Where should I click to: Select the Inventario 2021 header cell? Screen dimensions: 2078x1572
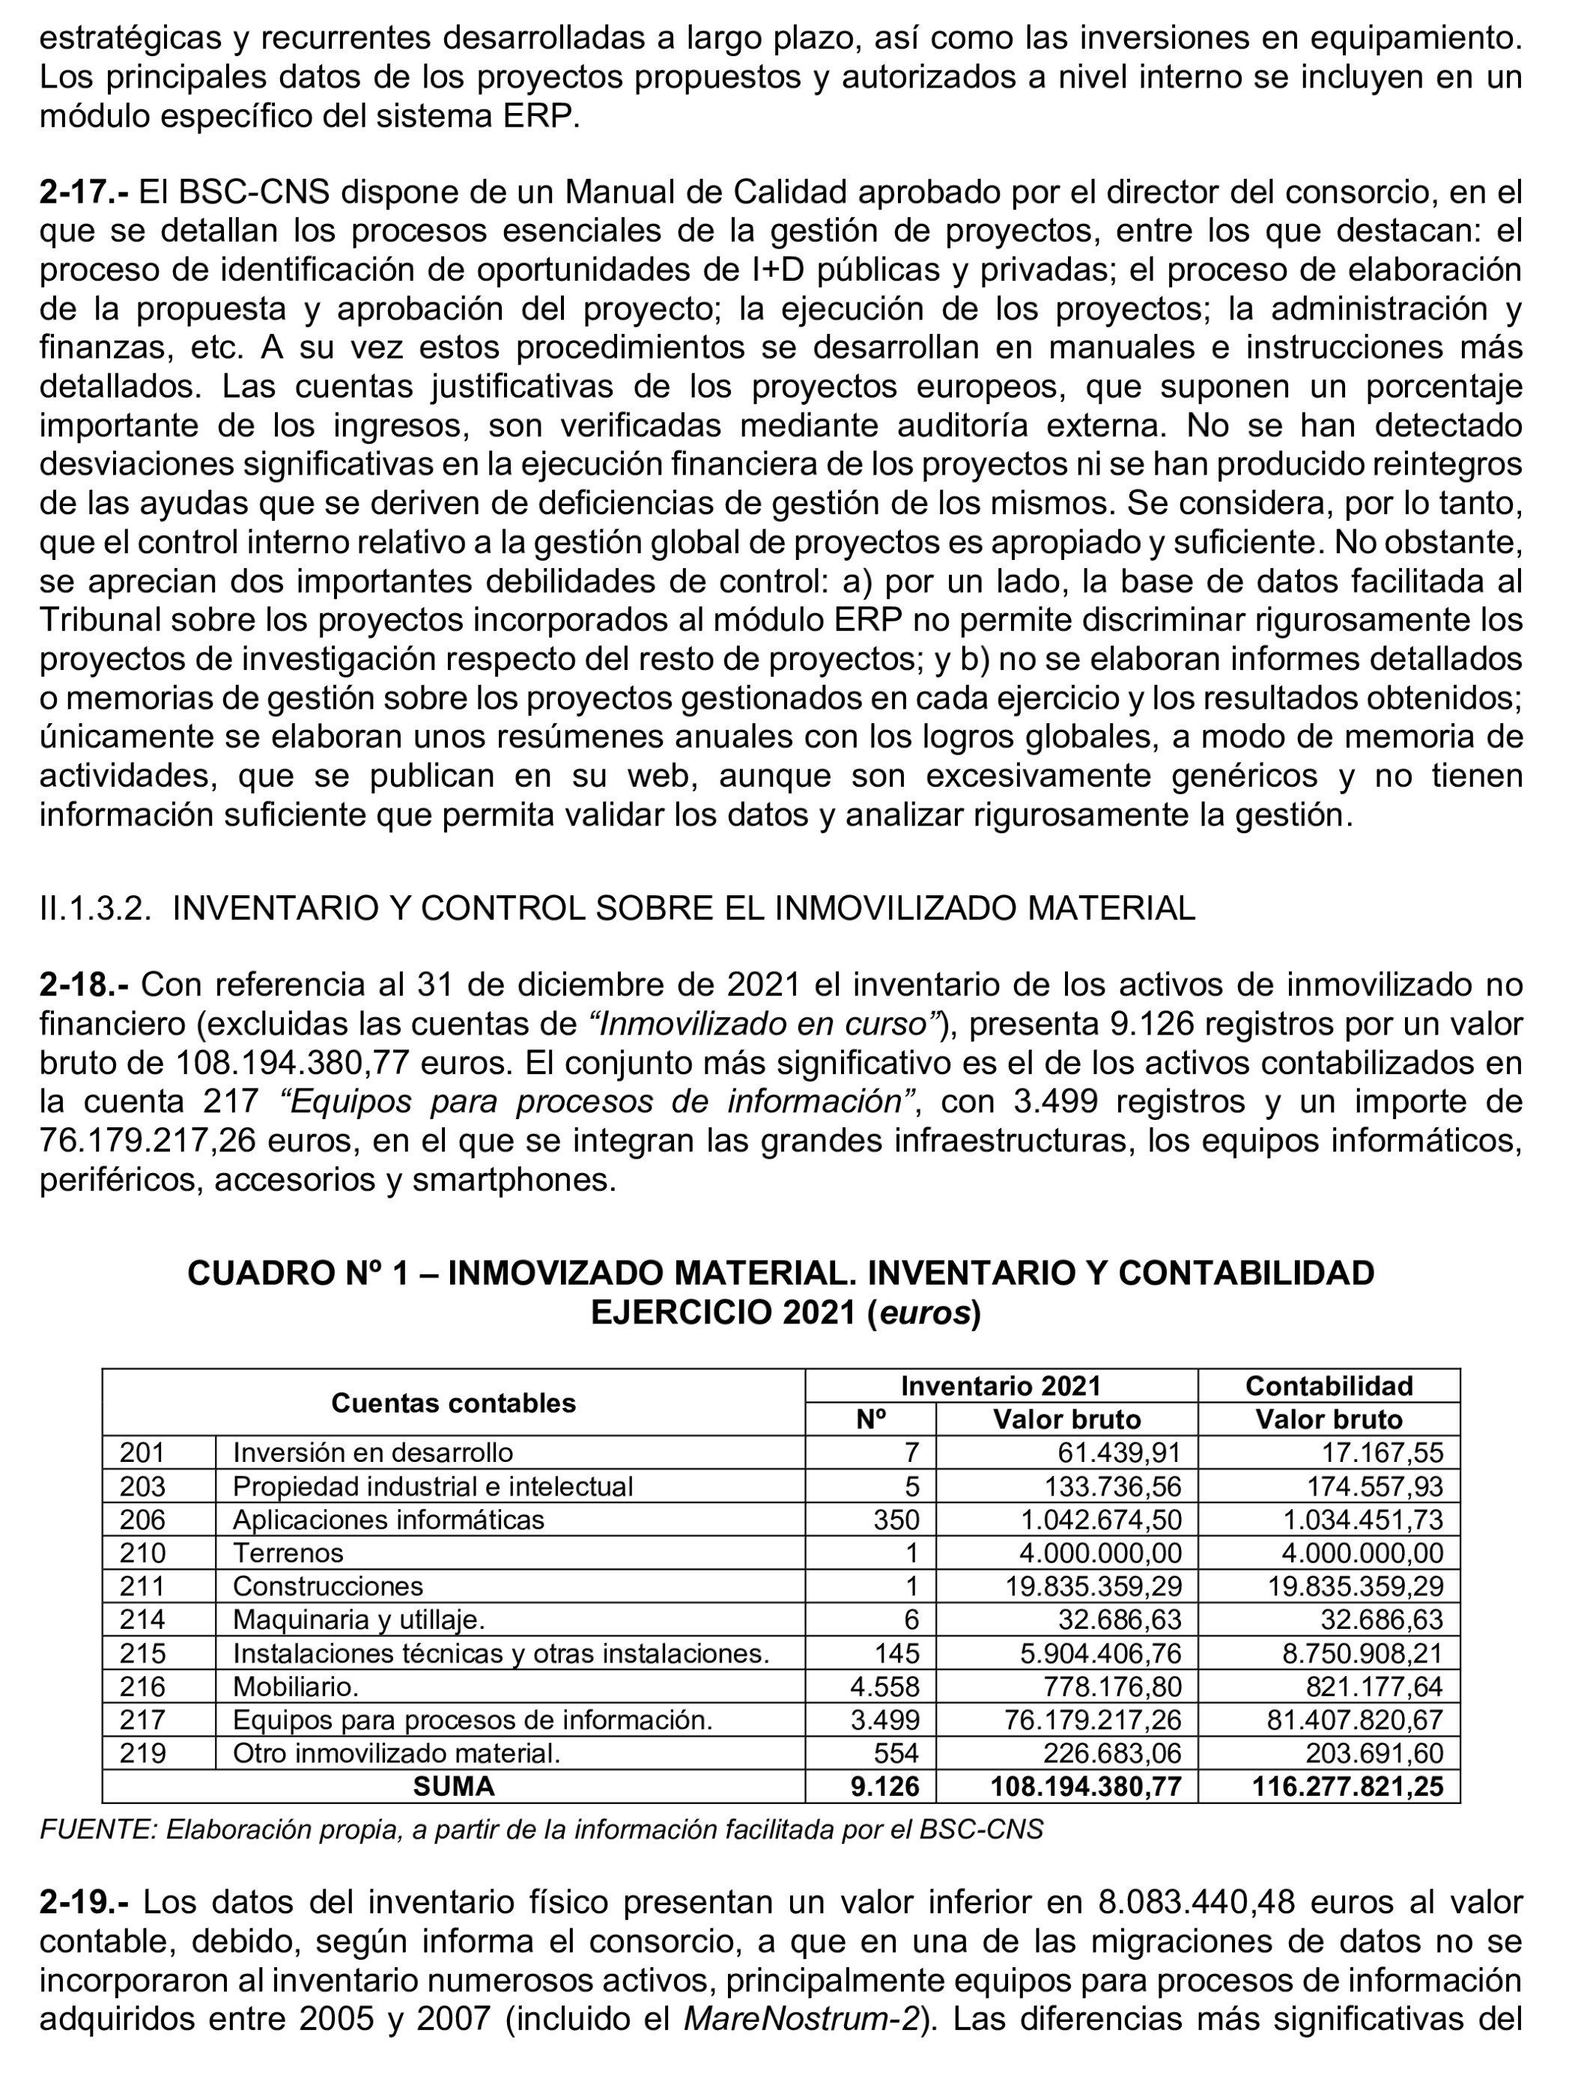pyautogui.click(x=1000, y=1386)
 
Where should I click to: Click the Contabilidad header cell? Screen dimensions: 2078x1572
pyautogui.click(x=1329, y=1386)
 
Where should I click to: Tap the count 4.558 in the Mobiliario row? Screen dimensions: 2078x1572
pyautogui.click(x=884, y=1687)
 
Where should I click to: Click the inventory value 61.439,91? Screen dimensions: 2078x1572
pyautogui.click(x=1119, y=1453)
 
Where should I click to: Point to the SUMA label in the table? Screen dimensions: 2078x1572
pyautogui.click(x=453, y=1787)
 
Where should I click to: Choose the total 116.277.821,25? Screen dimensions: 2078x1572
pyautogui.click(x=1347, y=1787)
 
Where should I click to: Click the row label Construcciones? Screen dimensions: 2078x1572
pyautogui.click(x=328, y=1587)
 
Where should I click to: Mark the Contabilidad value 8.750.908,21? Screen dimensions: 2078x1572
pyautogui.click(x=1362, y=1654)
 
